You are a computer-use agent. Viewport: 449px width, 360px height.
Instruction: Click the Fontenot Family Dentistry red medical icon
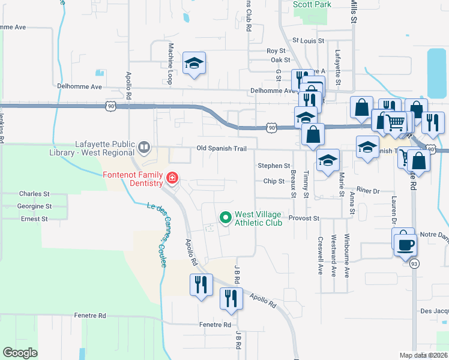[172, 178]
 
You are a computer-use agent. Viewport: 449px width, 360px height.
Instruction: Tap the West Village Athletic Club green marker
[226, 217]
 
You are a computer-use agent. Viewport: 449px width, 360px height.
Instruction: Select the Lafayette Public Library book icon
[144, 146]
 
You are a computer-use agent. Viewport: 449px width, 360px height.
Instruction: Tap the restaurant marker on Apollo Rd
[201, 284]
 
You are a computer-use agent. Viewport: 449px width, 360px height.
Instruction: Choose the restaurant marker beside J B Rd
[231, 298]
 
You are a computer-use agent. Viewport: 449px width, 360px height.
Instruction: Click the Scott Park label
[312, 4]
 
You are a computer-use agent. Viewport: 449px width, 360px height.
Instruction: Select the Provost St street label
[302, 218]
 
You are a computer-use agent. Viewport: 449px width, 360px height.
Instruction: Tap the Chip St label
[273, 181]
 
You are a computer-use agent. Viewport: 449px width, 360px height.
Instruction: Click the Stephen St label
[274, 166]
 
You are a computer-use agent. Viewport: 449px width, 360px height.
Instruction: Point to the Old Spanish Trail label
[221, 148]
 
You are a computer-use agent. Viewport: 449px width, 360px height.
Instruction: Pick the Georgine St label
[35, 206]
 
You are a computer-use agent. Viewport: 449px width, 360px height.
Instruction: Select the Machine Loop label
[171, 63]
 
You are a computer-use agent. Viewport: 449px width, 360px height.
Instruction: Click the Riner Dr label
[368, 190]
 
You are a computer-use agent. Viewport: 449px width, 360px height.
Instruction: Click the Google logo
[20, 353]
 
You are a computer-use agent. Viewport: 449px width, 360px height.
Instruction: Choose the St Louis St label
[308, 41]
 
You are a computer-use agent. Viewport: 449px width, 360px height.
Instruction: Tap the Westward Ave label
[334, 255]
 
